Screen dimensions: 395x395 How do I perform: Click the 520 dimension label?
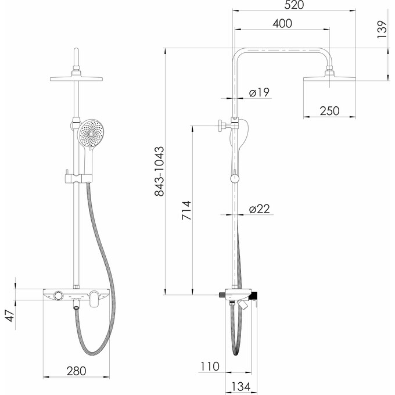coord(294,5)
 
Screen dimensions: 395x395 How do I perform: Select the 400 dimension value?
coord(282,23)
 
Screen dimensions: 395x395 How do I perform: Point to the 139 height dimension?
coord(382,30)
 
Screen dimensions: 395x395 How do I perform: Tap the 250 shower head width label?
coord(329,111)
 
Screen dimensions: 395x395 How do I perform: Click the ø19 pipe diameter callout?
coord(259,92)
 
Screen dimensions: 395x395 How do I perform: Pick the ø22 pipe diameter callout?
coord(260,209)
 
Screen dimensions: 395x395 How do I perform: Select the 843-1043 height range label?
coord(159,171)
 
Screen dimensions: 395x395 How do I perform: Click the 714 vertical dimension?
coord(186,210)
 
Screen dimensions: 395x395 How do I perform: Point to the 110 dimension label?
coord(210,367)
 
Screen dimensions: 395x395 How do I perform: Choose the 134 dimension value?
coord(241,387)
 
